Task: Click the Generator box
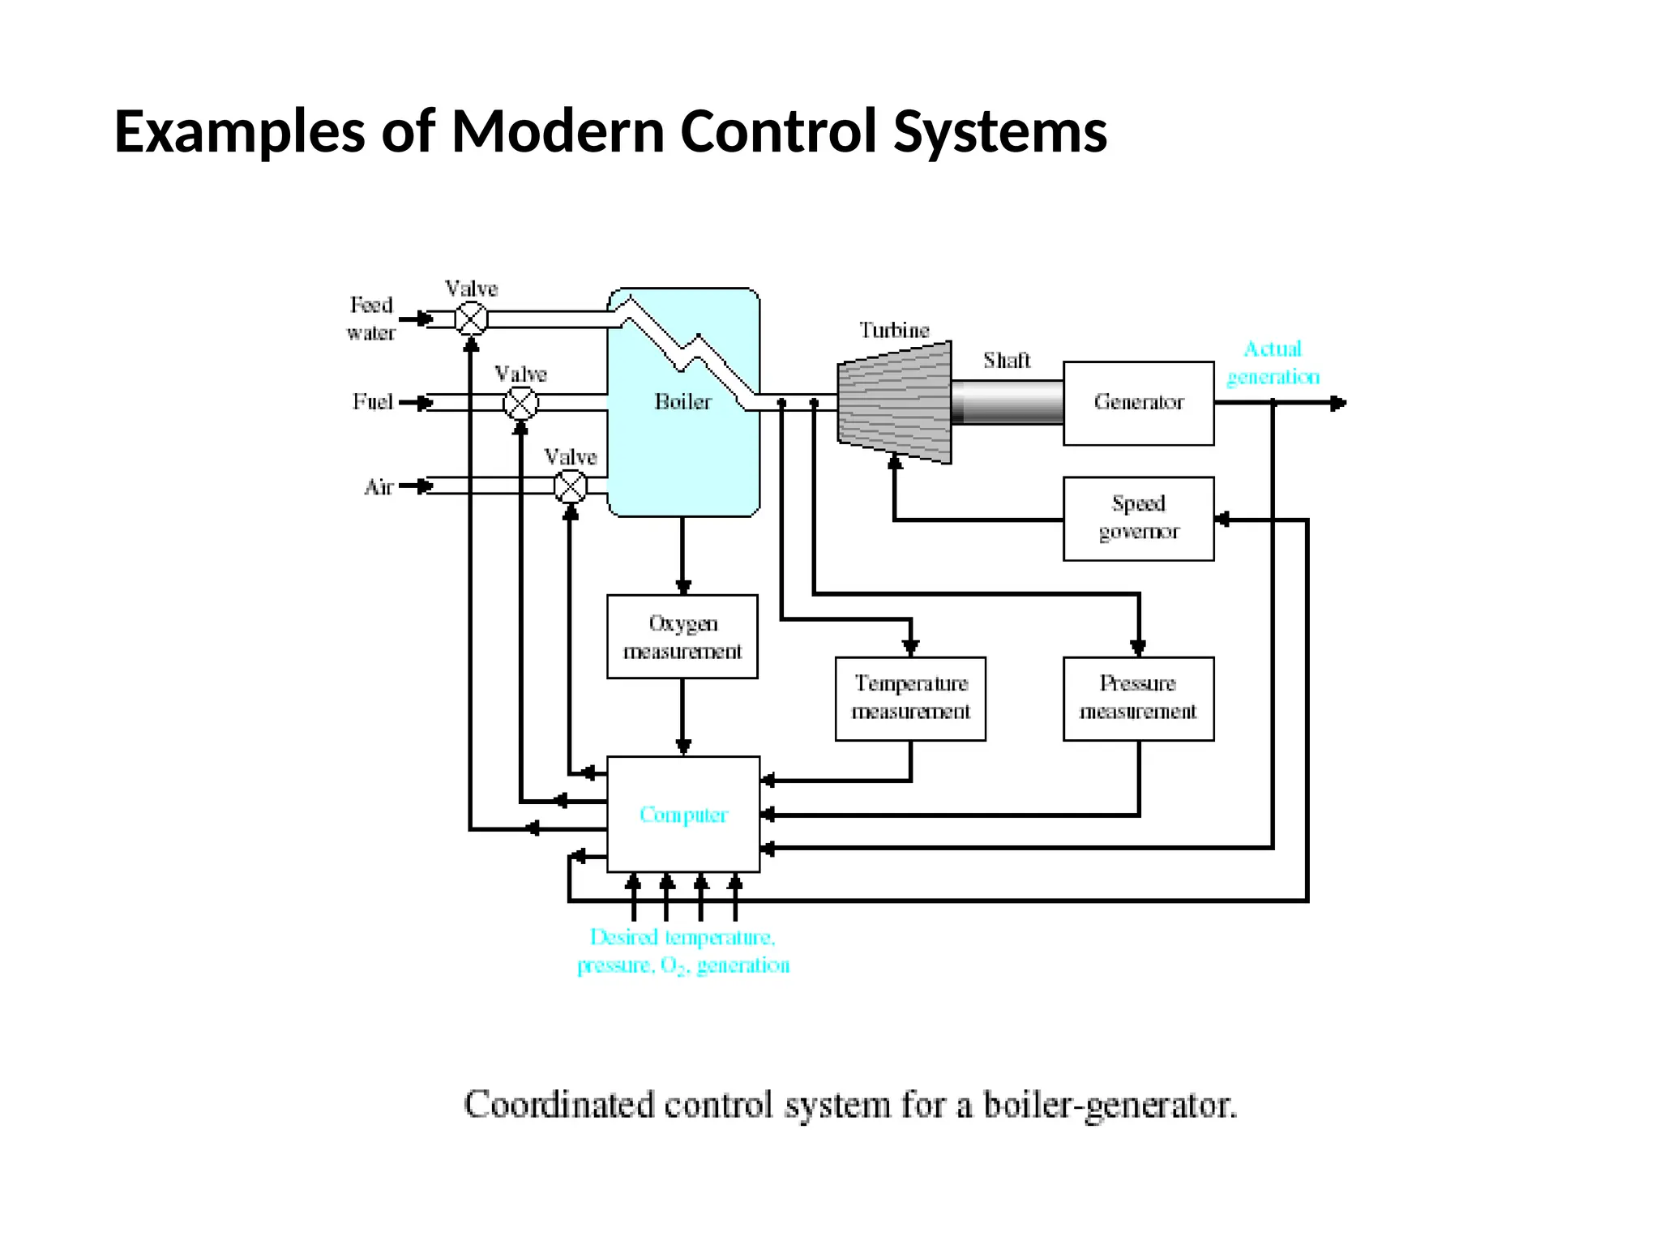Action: click(x=1138, y=403)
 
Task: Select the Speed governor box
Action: click(x=1138, y=518)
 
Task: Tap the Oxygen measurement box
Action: click(x=682, y=636)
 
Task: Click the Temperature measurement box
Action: click(x=910, y=698)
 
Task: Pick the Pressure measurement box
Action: click(x=1138, y=698)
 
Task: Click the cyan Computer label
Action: click(x=683, y=815)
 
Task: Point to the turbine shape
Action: click(x=895, y=402)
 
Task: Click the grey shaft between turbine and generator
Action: click(x=1007, y=402)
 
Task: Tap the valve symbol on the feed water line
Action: click(x=471, y=319)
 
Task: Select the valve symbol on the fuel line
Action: click(x=520, y=403)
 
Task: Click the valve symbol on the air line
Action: click(x=570, y=486)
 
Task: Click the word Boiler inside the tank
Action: click(x=682, y=402)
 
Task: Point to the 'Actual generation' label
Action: click(x=1273, y=363)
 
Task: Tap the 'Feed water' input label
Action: click(x=371, y=319)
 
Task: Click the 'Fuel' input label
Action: click(x=373, y=402)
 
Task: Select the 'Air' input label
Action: click(x=379, y=487)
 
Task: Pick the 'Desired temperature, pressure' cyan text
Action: click(x=682, y=951)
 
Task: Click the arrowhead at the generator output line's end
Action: click(x=1339, y=403)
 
